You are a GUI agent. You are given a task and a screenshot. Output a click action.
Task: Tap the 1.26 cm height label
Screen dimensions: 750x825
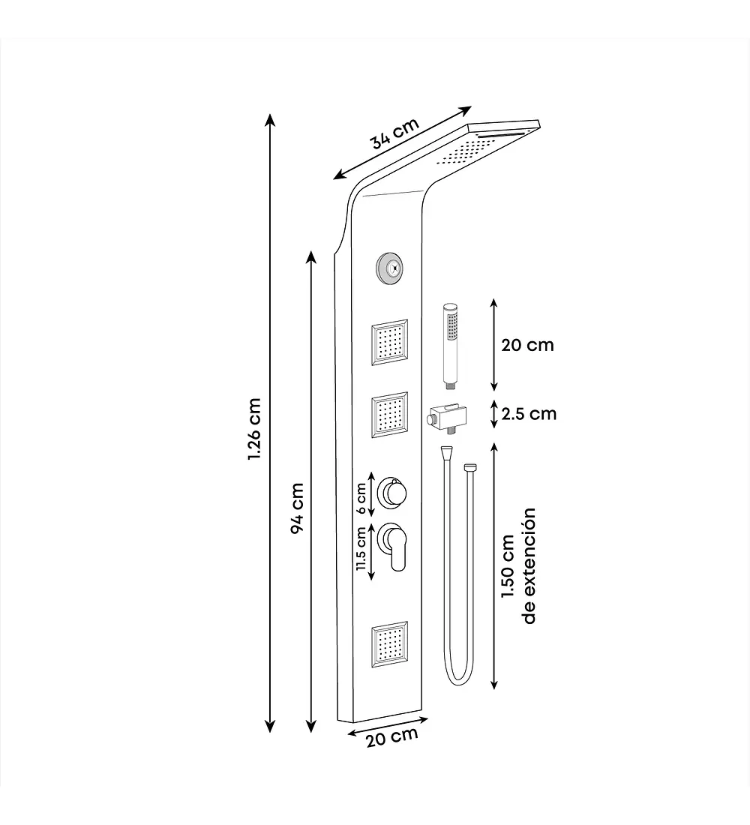(x=255, y=429)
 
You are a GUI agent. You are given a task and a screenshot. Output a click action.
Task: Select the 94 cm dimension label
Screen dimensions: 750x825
(x=297, y=508)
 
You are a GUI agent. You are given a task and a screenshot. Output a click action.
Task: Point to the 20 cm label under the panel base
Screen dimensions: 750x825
(x=393, y=736)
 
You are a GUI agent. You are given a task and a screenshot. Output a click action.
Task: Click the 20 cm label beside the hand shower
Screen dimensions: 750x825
(x=527, y=345)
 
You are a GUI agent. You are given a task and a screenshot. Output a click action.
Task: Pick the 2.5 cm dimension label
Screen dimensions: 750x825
(x=529, y=414)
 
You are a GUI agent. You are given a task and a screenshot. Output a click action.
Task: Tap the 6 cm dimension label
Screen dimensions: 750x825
(x=361, y=498)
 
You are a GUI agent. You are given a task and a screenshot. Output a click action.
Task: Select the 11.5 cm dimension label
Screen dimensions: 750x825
(x=361, y=548)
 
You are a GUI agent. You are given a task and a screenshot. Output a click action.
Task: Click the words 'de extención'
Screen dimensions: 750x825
(x=529, y=565)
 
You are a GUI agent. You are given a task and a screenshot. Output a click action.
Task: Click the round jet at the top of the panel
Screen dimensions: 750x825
(x=389, y=268)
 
